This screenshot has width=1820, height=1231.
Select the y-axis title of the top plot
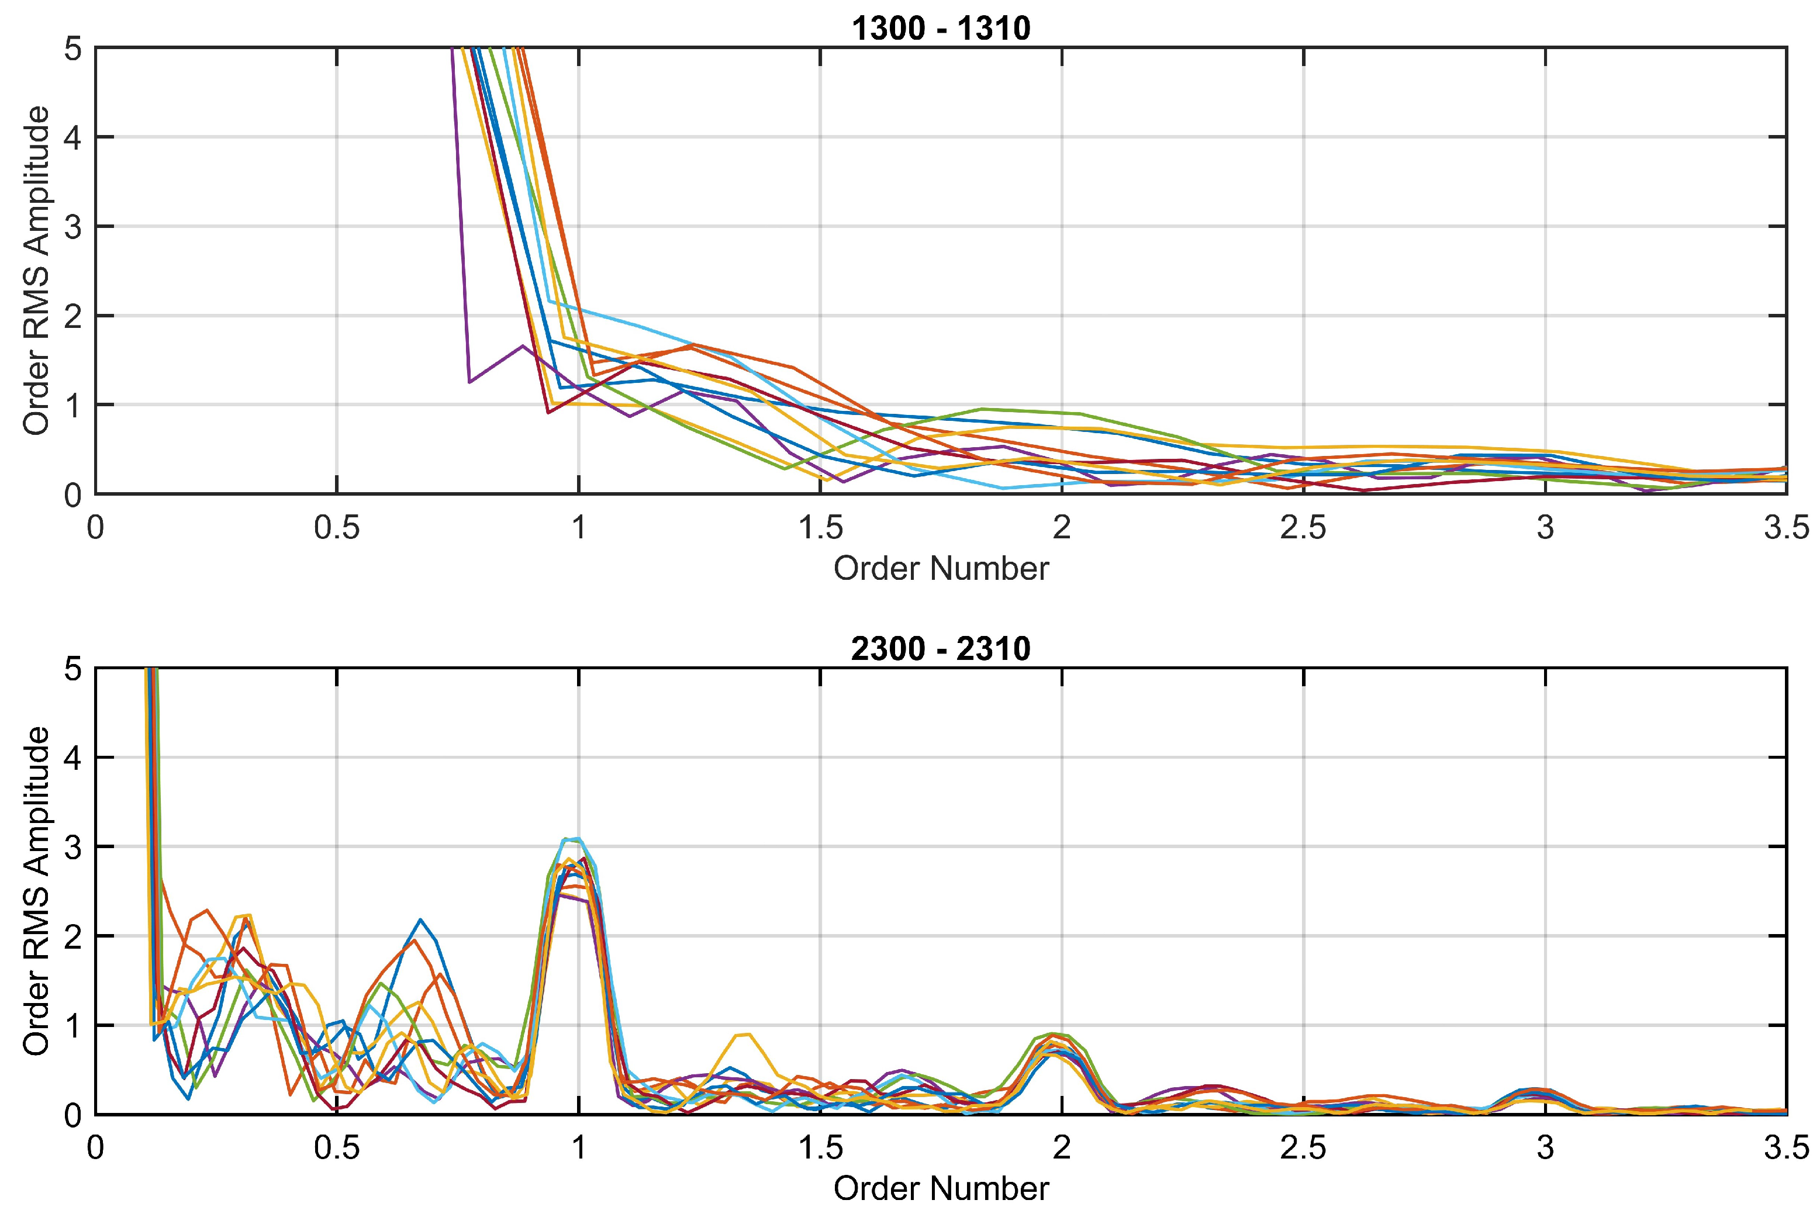pyautogui.click(x=36, y=270)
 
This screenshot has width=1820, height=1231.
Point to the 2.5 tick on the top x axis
pyautogui.click(x=1303, y=528)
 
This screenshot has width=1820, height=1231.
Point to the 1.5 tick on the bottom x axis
pyautogui.click(x=820, y=1149)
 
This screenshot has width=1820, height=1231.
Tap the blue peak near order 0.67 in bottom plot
pyautogui.click(x=420, y=920)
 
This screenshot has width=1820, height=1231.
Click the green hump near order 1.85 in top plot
pyautogui.click(x=983, y=409)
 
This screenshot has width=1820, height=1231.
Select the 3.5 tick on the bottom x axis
pyautogui.click(x=1786, y=1149)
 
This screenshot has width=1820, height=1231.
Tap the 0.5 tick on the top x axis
pyautogui.click(x=337, y=528)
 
